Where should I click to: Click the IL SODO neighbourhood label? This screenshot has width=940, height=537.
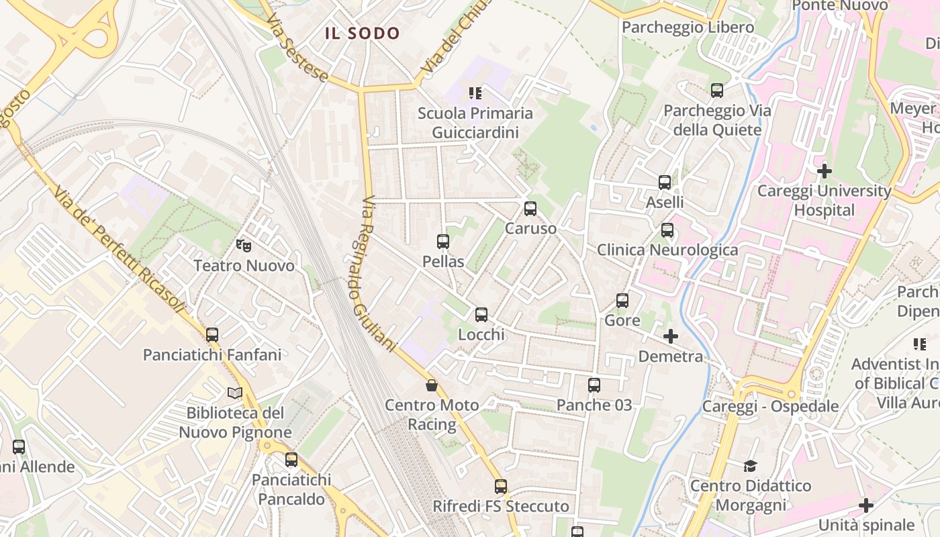pyautogui.click(x=363, y=33)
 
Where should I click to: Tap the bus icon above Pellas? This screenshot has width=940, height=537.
pyautogui.click(x=443, y=242)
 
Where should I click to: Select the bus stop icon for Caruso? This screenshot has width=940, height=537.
pyautogui.click(x=530, y=209)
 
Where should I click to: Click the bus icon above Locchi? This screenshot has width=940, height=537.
pyautogui.click(x=481, y=314)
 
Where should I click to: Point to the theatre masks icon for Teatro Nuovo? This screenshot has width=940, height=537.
pyautogui.click(x=244, y=246)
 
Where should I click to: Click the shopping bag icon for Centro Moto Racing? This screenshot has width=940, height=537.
pyautogui.click(x=432, y=385)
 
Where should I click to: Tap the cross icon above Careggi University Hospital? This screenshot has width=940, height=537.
pyautogui.click(x=825, y=170)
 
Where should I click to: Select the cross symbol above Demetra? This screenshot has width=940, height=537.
pyautogui.click(x=671, y=336)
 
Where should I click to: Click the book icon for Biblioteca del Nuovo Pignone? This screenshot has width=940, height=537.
pyautogui.click(x=234, y=393)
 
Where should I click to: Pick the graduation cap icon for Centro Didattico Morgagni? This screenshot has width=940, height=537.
pyautogui.click(x=751, y=466)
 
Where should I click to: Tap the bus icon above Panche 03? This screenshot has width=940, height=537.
pyautogui.click(x=594, y=385)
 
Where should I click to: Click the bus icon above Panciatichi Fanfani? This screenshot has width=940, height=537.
pyautogui.click(x=212, y=334)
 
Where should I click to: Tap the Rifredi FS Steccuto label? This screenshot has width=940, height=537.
pyautogui.click(x=501, y=506)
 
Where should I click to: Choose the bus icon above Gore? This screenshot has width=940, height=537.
pyautogui.click(x=622, y=301)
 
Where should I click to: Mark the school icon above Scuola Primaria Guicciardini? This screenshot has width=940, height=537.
pyautogui.click(x=475, y=93)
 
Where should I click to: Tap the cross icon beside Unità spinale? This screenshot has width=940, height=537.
pyautogui.click(x=866, y=505)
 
